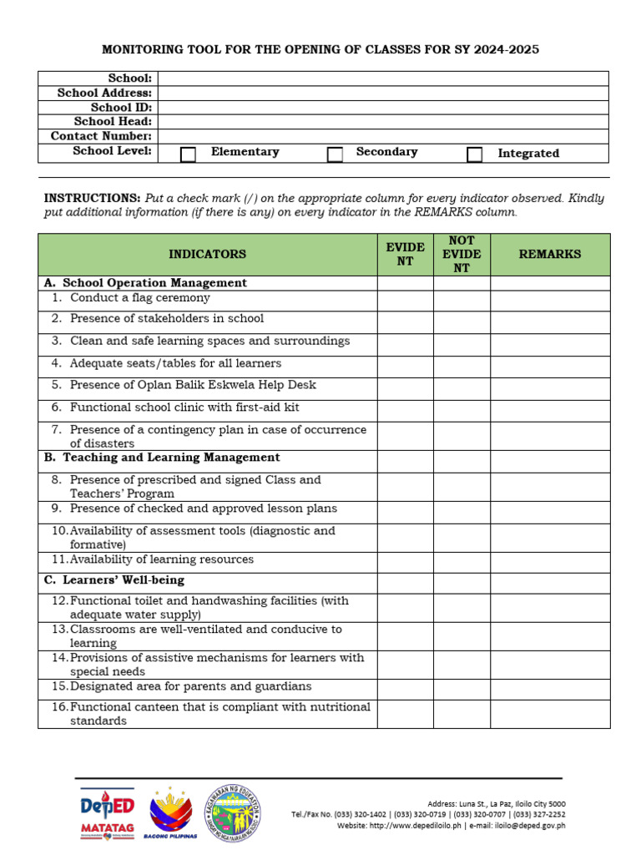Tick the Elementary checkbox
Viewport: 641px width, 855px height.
point(189,154)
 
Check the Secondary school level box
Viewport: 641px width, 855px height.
point(335,154)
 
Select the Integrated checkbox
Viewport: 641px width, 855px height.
point(475,154)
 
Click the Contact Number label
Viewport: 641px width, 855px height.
point(101,136)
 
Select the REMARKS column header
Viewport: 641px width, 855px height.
point(550,254)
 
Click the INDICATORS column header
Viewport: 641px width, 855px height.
point(208,254)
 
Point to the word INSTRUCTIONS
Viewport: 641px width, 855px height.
point(92,199)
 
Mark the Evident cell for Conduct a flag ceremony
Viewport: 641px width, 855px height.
point(405,299)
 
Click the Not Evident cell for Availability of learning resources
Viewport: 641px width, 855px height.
point(462,561)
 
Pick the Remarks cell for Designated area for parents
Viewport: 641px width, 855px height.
point(550,688)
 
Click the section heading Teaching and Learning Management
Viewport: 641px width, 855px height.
point(171,458)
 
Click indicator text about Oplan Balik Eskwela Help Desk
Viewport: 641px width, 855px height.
point(193,386)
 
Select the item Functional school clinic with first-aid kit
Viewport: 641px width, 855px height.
point(184,407)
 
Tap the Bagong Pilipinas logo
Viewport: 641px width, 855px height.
point(170,813)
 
